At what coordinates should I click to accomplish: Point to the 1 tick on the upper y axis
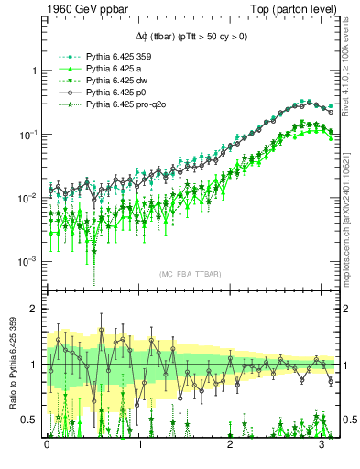pos(34,71)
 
